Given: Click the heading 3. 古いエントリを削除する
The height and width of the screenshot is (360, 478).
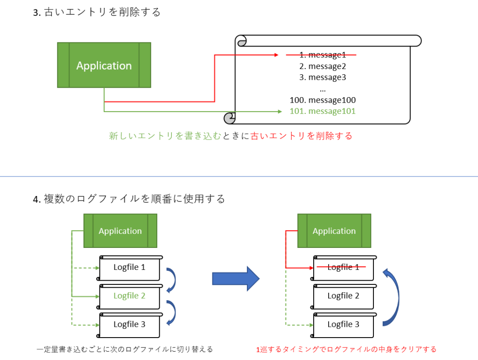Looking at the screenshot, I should (x=97, y=13).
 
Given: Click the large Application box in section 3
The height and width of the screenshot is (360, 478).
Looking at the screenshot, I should (x=104, y=65).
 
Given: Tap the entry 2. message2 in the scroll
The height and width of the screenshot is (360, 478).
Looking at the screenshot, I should (x=323, y=66).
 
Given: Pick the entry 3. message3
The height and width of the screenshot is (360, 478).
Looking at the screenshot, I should (x=323, y=78).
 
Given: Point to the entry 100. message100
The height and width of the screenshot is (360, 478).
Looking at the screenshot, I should (x=323, y=100).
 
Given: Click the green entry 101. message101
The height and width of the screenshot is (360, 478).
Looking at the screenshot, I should (x=323, y=111).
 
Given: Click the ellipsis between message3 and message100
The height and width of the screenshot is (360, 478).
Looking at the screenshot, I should (x=323, y=89).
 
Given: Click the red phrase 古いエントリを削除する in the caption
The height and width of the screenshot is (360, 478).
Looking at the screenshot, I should (x=301, y=136).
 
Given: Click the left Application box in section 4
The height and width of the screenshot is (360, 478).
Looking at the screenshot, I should (x=120, y=231).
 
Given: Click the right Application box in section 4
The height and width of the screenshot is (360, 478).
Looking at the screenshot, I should (x=334, y=231).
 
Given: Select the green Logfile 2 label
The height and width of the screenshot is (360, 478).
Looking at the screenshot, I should (x=129, y=296).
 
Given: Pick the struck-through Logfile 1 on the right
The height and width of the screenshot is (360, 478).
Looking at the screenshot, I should (x=343, y=268).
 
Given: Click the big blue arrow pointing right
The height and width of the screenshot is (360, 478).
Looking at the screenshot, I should (x=235, y=279).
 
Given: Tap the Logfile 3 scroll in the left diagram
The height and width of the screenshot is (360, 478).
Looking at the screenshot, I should (x=129, y=325).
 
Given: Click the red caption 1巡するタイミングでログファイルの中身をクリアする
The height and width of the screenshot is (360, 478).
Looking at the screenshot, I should (x=346, y=349).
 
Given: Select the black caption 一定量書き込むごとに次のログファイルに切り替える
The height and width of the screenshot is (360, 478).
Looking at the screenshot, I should (x=125, y=349).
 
